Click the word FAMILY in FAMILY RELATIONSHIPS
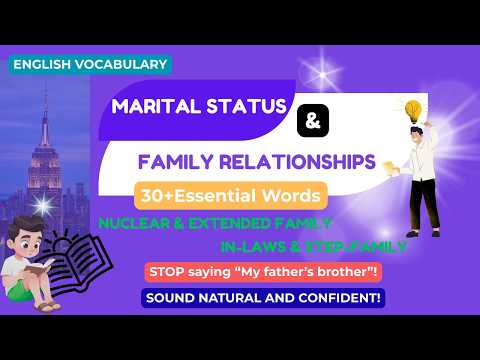[172, 160]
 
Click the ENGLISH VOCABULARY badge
[91, 64]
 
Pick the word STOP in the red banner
[167, 271]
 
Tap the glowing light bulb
[412, 108]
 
